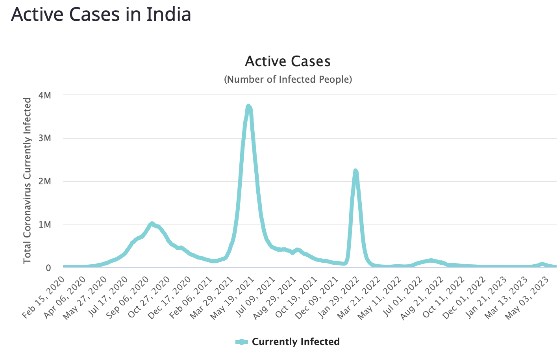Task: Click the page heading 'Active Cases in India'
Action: pos(101,15)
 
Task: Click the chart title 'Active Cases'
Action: pos(288,61)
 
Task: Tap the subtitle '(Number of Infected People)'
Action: pos(288,80)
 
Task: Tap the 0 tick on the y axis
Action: pos(48,268)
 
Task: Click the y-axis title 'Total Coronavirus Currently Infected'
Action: pos(27,181)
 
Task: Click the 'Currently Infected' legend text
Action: pos(296,342)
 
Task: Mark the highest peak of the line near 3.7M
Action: pos(248,106)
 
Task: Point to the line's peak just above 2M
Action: pos(355,171)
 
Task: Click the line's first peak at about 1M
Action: pos(152,224)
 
